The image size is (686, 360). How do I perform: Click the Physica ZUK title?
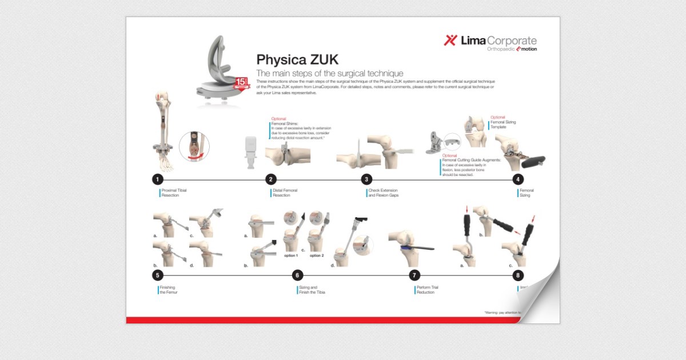(297, 59)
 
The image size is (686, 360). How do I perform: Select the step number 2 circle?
(271, 179)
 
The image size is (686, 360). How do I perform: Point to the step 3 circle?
(366, 179)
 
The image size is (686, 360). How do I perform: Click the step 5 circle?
(158, 275)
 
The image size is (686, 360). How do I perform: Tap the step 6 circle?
(297, 275)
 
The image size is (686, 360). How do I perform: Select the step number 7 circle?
(416, 275)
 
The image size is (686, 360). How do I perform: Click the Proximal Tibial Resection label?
(174, 193)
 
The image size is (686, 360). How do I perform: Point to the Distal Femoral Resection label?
(285, 193)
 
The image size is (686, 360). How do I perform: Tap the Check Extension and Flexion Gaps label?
(382, 193)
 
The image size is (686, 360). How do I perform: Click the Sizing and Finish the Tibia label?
(312, 290)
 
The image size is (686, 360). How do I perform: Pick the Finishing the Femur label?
(170, 290)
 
